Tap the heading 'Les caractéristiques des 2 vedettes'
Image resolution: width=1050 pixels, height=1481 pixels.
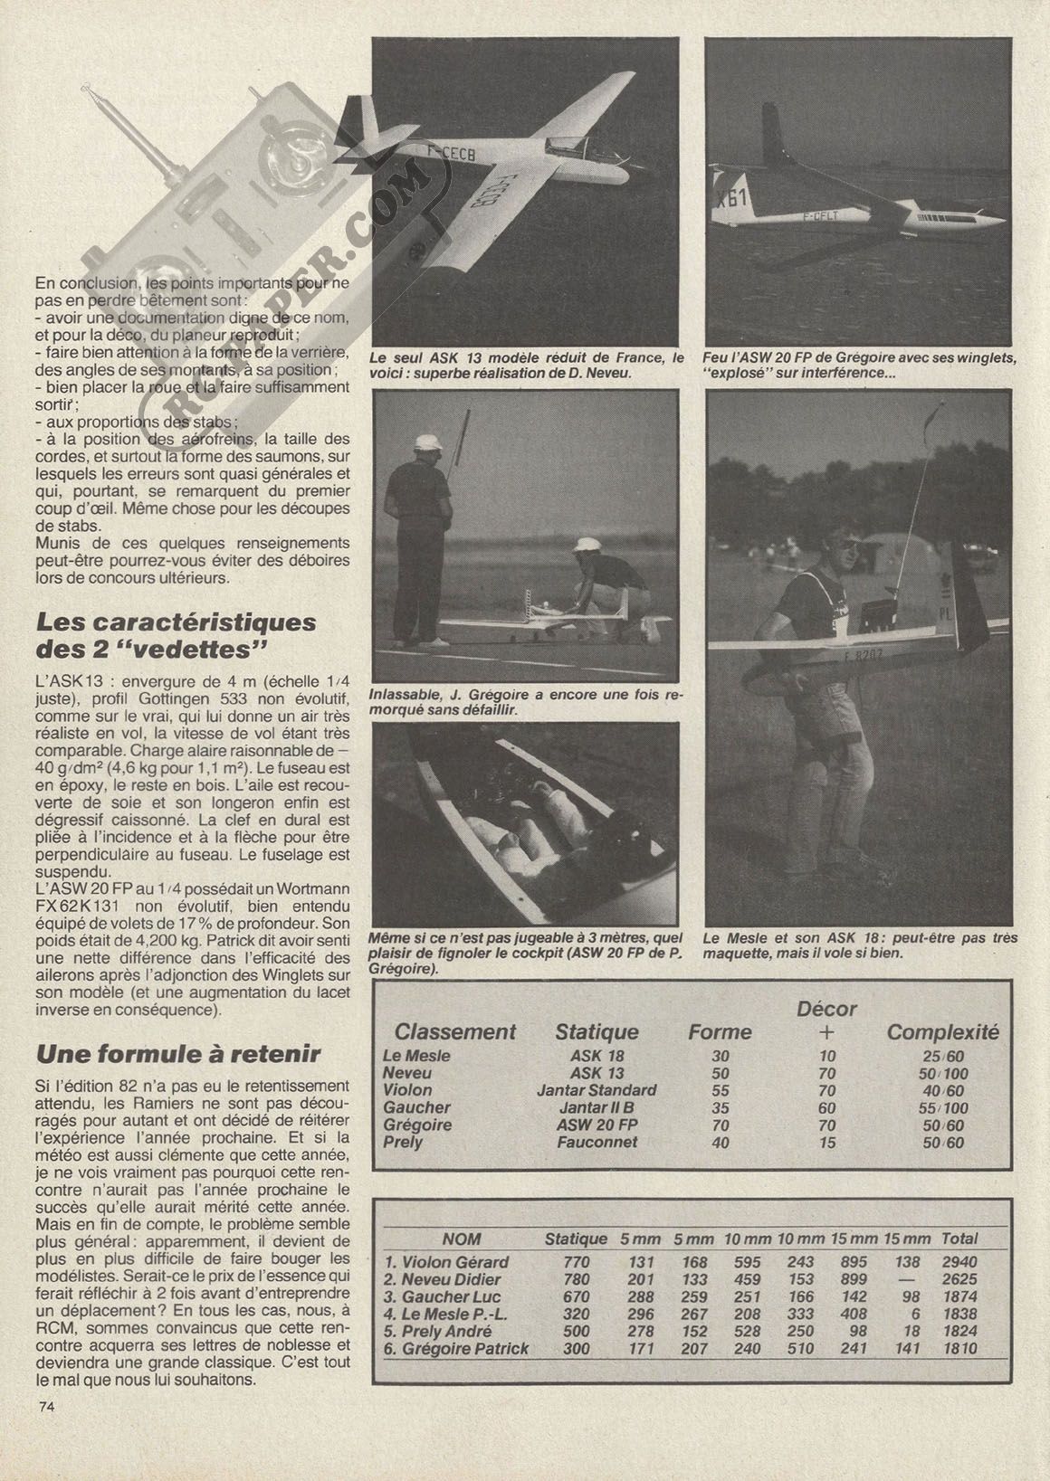click(x=175, y=635)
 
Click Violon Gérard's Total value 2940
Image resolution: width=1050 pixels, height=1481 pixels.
click(x=959, y=1262)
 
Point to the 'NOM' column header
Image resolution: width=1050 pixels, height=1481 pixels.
click(x=462, y=1239)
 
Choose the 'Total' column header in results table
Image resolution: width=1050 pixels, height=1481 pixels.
click(x=959, y=1239)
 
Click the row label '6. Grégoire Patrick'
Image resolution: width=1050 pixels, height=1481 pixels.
click(x=457, y=1348)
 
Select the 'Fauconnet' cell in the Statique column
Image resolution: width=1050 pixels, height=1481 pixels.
click(x=597, y=1142)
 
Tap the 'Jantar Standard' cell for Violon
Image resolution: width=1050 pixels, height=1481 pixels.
click(x=597, y=1090)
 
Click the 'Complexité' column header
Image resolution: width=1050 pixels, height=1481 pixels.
click(x=942, y=1032)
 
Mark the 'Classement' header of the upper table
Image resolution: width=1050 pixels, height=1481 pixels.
click(x=455, y=1032)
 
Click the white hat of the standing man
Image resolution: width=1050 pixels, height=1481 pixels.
click(x=426, y=442)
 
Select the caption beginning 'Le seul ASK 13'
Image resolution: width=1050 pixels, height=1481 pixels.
click(x=527, y=366)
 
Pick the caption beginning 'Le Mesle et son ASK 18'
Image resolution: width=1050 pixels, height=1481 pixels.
click(x=860, y=945)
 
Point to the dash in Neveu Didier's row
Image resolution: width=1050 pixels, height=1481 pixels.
click(x=905, y=1279)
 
